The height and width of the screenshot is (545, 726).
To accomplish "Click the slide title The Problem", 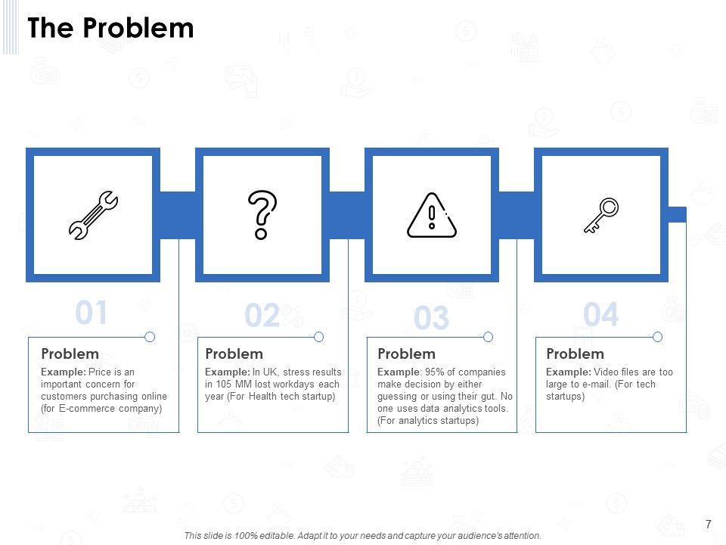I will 111,28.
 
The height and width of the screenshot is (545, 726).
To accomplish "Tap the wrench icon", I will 93,216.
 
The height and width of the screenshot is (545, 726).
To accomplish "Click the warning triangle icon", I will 432,215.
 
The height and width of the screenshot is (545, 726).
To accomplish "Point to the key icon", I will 601,215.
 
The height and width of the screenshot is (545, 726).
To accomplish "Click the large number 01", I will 92,313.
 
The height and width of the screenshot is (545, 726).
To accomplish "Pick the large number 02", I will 262,316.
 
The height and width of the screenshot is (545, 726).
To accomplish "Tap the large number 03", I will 432,319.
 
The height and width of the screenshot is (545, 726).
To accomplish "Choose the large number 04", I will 601,315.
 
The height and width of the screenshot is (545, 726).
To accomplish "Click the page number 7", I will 708,524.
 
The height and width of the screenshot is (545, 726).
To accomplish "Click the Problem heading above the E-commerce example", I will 70,353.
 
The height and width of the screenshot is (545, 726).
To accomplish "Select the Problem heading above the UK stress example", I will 234,353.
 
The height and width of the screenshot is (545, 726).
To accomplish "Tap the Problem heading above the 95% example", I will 406,353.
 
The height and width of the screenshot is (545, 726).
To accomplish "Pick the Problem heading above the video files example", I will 575,353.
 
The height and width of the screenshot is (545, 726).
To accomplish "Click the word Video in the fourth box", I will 607,372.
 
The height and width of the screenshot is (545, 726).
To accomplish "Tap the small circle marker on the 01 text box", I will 150,337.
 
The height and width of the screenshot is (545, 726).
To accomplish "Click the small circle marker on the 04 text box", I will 657,337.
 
